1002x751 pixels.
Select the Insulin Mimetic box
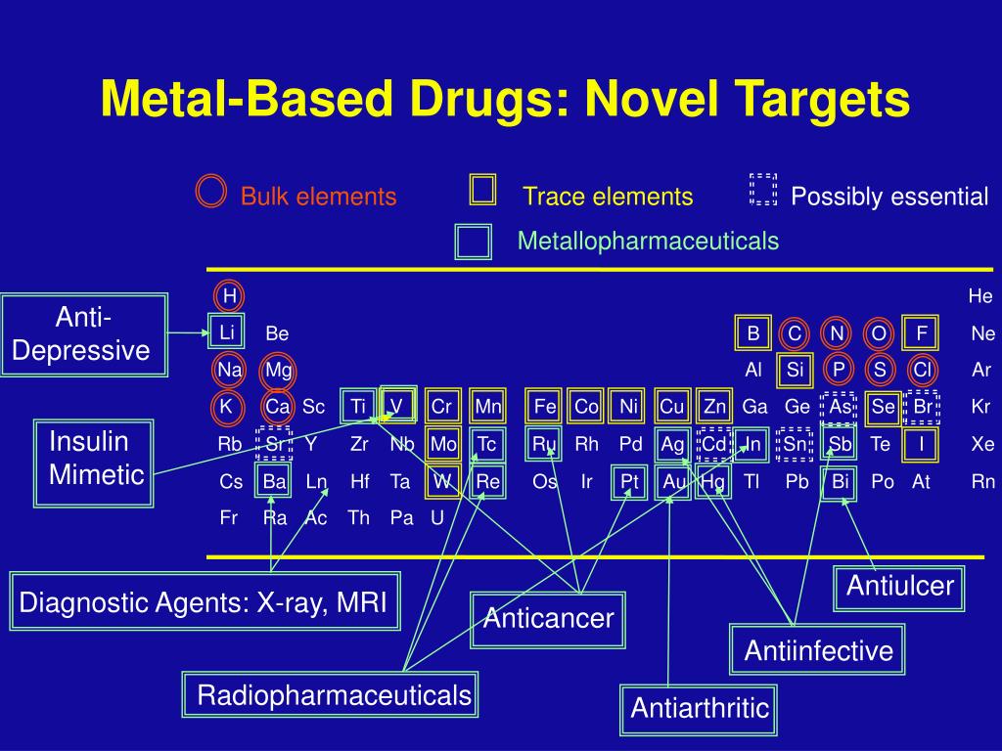94,463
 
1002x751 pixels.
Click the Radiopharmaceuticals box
332,696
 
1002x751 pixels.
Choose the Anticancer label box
548,619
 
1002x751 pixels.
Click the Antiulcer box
899,587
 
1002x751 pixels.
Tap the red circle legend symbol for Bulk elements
210,192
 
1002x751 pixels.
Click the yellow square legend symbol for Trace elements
482,190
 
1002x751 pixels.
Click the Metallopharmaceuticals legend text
648,241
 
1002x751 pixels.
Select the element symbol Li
226,332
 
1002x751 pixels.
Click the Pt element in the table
629,482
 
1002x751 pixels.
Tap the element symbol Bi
839,482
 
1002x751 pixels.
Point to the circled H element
229,295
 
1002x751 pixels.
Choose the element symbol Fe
544,407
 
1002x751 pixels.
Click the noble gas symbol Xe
981,444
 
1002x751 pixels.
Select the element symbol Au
674,482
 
